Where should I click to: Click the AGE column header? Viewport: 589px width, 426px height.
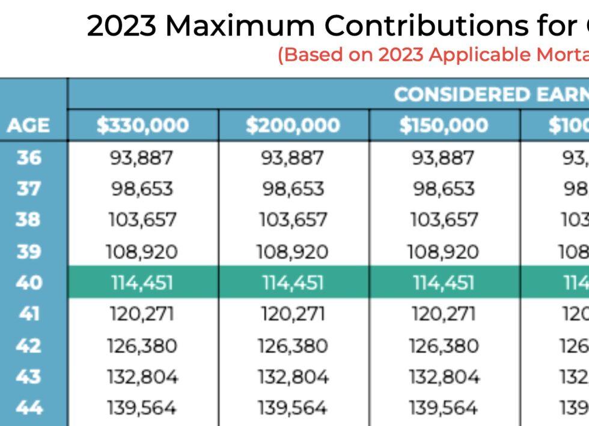point(28,126)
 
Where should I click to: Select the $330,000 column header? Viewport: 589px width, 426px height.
point(142,126)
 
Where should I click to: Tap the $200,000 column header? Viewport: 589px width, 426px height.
point(293,126)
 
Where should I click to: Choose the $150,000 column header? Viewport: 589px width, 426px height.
point(444,126)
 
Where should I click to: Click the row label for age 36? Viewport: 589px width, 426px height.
point(29,158)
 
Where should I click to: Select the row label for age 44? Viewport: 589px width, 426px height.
point(29,408)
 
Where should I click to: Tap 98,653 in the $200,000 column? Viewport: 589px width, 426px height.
point(293,189)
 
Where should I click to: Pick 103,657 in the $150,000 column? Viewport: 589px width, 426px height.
point(444,220)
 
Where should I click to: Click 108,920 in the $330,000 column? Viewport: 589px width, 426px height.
point(142,252)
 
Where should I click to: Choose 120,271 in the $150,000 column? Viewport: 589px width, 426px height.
point(444,314)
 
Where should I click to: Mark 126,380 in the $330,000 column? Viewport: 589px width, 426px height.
point(142,345)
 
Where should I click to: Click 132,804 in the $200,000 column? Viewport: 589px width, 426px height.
point(293,377)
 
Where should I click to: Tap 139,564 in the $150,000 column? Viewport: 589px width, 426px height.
point(444,408)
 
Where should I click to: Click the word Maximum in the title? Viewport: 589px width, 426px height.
point(241,26)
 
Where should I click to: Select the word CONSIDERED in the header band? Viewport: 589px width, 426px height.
point(459,94)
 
